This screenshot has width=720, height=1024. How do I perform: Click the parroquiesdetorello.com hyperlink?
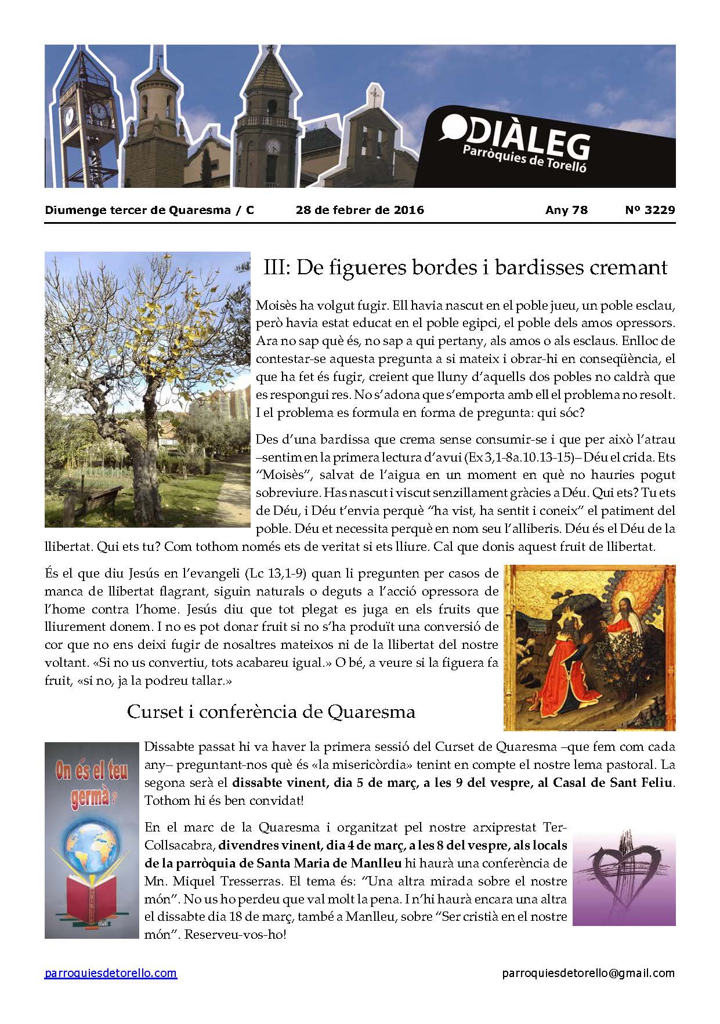coord(110,973)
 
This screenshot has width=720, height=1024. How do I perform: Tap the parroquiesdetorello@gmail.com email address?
coord(588,973)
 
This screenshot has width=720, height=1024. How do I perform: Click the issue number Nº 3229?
coord(650,210)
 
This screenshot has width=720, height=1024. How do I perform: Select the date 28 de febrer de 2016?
coord(360,210)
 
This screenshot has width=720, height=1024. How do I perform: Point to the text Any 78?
coord(566,210)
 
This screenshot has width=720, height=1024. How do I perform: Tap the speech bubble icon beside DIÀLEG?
coord(451,128)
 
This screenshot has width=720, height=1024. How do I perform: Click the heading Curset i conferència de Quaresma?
coord(271,711)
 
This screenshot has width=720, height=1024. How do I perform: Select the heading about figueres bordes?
coord(465,267)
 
